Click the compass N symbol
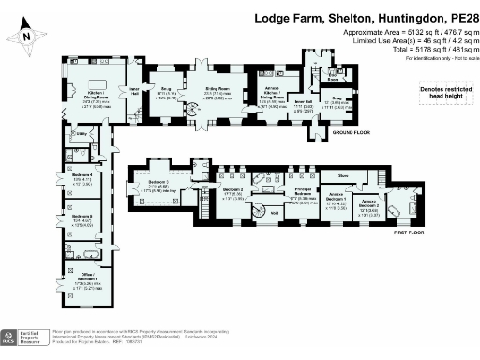pos(28,37)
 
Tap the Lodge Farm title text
pos(367,18)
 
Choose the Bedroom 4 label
pos(82,179)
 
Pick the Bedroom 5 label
pos(82,221)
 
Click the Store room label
pos(343,173)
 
